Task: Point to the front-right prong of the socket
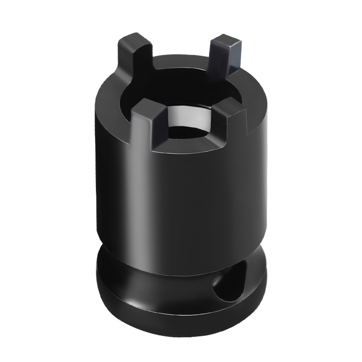[x=226, y=122]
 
